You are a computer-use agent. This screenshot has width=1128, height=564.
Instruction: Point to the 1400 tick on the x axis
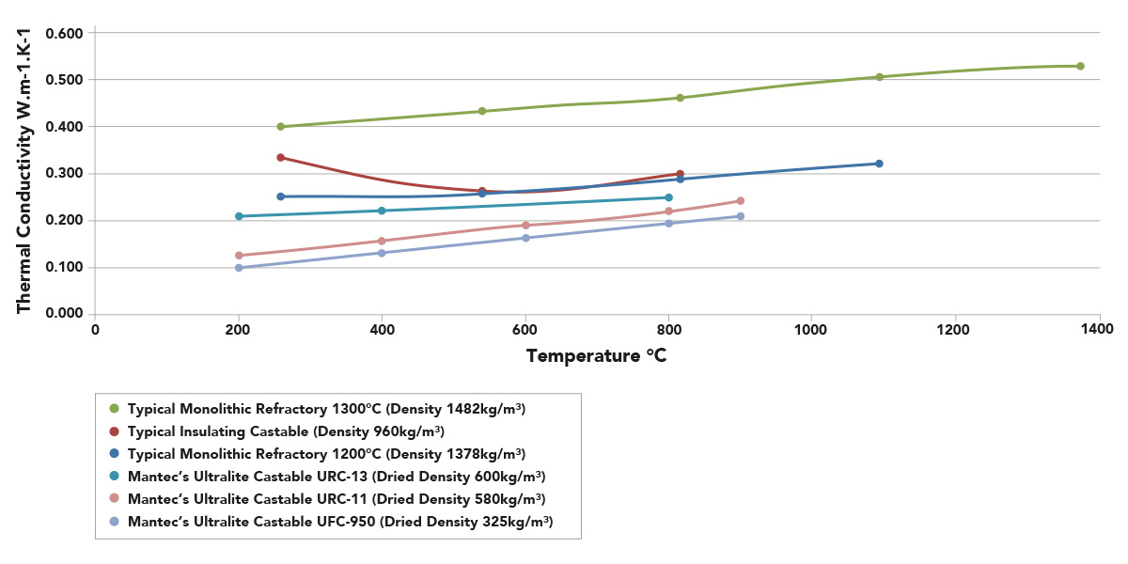(1098, 330)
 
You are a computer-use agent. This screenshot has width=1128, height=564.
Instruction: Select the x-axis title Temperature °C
(596, 355)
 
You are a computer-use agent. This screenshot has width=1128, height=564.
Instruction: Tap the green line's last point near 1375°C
(1080, 66)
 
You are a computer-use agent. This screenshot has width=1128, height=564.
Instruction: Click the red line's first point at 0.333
(280, 157)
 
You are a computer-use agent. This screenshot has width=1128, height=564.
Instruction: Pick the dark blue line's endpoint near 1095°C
(879, 164)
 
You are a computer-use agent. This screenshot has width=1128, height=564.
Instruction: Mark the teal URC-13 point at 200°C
(239, 216)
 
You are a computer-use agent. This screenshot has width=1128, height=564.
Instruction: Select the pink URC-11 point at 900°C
(741, 200)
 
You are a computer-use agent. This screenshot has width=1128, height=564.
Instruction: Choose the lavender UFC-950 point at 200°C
(239, 268)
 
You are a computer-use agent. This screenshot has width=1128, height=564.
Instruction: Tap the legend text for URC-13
(337, 476)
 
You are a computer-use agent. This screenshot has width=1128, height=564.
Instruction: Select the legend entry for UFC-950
(339, 521)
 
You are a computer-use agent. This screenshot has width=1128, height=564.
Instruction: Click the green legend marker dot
(115, 409)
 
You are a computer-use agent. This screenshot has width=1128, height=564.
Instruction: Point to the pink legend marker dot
(115, 498)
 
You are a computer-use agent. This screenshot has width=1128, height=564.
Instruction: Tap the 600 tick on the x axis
(525, 330)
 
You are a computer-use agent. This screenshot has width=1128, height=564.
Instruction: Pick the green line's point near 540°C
(482, 111)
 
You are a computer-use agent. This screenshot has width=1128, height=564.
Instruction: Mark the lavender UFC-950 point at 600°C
(525, 238)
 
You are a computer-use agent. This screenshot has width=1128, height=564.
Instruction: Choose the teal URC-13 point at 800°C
(668, 197)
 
